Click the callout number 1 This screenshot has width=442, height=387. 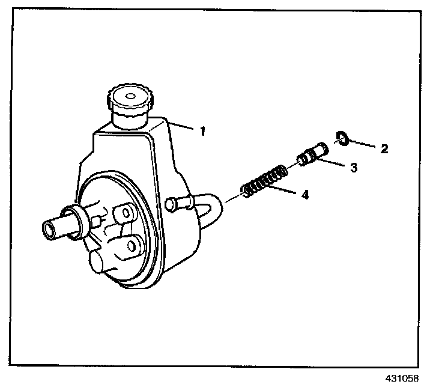202,130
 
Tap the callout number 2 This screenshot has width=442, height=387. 384,148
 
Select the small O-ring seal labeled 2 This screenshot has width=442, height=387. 342,138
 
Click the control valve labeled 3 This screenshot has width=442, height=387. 311,154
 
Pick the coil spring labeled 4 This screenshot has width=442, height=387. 264,182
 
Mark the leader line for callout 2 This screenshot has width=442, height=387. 363,144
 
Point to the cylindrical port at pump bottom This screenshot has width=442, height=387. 98,263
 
